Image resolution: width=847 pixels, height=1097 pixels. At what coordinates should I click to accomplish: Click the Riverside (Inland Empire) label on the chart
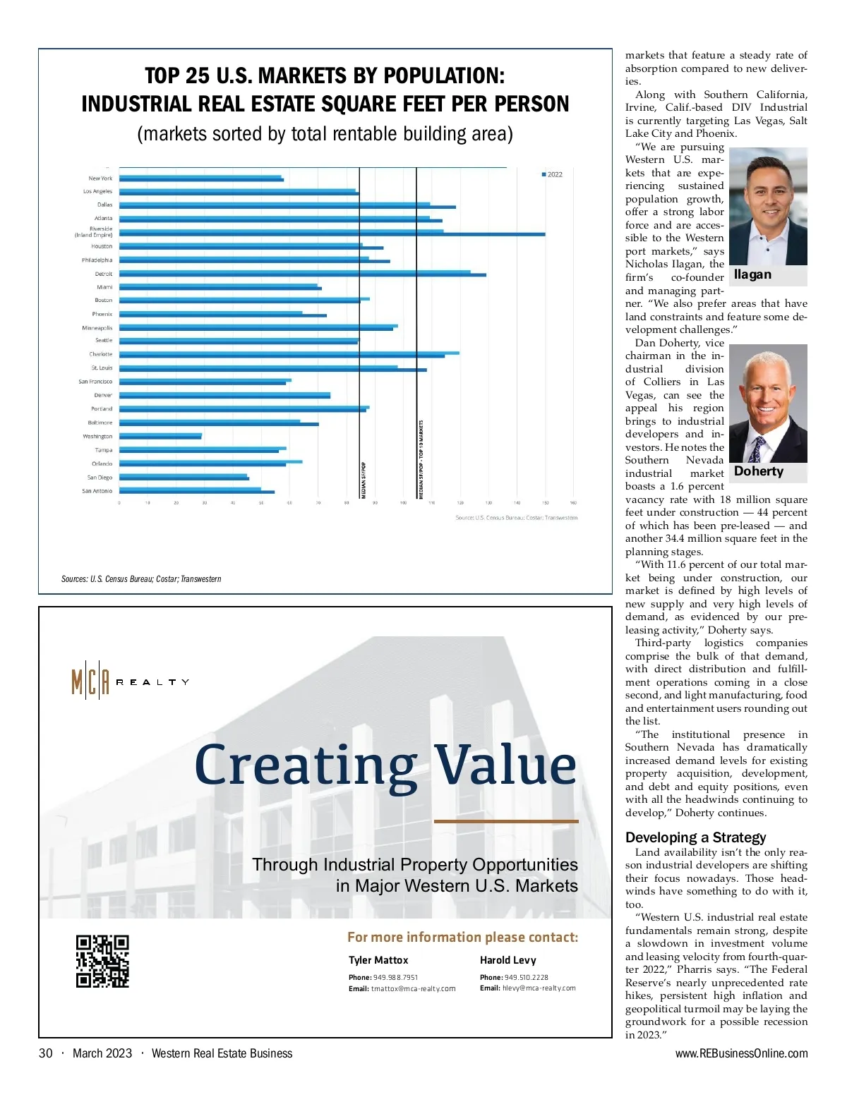click(x=94, y=232)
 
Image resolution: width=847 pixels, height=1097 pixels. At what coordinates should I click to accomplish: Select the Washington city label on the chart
click(x=97, y=437)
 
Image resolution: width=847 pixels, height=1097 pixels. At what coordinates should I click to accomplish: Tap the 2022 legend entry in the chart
click(x=552, y=174)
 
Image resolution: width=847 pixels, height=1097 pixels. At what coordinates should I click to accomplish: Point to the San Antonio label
click(x=97, y=491)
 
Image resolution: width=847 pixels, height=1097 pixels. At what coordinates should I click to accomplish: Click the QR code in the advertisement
click(x=102, y=961)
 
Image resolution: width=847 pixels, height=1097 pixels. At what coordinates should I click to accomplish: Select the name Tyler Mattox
click(x=378, y=960)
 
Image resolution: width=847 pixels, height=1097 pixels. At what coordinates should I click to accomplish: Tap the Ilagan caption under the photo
click(x=752, y=275)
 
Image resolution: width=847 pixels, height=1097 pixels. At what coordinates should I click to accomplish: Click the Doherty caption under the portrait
click(x=759, y=471)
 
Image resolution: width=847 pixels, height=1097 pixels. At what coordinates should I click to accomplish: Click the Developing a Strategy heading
click(x=695, y=837)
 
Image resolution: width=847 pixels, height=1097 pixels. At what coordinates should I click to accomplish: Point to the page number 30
click(x=46, y=1053)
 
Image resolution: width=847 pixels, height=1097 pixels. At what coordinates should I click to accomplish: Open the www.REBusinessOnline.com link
click(x=741, y=1053)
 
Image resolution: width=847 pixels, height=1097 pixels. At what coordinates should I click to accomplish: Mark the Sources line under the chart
click(x=141, y=579)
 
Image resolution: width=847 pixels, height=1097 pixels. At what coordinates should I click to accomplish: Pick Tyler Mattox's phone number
click(x=395, y=978)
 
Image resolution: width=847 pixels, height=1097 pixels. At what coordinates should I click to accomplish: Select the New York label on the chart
click(x=100, y=178)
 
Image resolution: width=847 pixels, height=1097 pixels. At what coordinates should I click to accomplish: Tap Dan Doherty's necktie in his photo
click(x=758, y=449)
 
